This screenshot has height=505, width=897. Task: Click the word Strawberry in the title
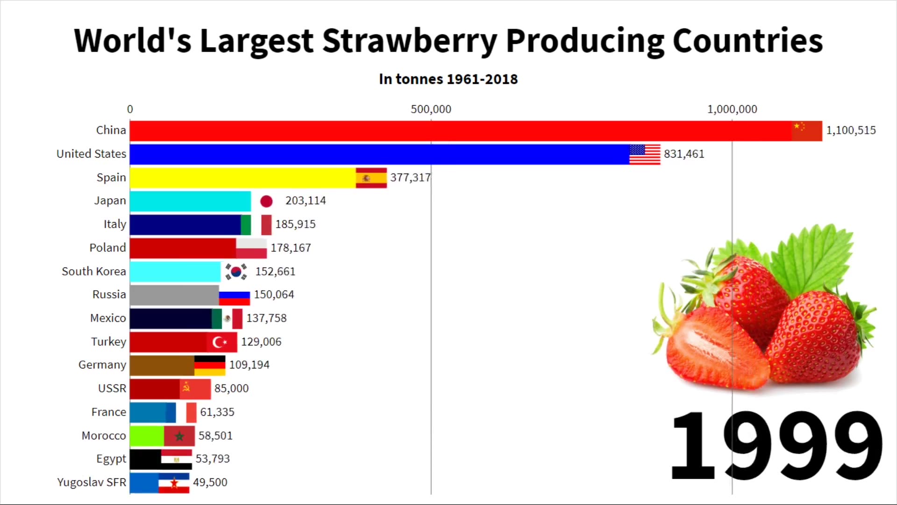click(x=409, y=41)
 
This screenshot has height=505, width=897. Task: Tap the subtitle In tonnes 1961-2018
click(x=448, y=79)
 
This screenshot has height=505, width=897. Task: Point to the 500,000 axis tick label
click(x=431, y=109)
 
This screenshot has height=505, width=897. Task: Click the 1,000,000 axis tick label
click(x=732, y=109)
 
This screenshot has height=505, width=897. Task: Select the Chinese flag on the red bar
click(x=806, y=130)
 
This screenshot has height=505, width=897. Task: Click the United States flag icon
click(x=645, y=154)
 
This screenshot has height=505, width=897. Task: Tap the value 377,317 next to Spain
click(x=410, y=178)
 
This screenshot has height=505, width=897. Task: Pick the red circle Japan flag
click(x=266, y=201)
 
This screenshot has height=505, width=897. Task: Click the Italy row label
click(x=114, y=224)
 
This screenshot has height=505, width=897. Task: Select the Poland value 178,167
click(x=291, y=248)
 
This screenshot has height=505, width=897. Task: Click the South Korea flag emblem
click(x=236, y=271)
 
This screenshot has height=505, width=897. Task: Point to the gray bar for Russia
click(x=174, y=295)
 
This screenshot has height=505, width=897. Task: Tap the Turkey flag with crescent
click(x=222, y=342)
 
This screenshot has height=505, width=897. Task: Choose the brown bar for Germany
click(x=162, y=365)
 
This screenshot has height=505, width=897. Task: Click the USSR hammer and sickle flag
click(x=195, y=389)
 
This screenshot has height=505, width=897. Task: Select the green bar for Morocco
click(x=147, y=436)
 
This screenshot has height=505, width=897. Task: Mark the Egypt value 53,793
click(x=213, y=459)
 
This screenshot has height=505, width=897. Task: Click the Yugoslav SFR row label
click(x=92, y=482)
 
